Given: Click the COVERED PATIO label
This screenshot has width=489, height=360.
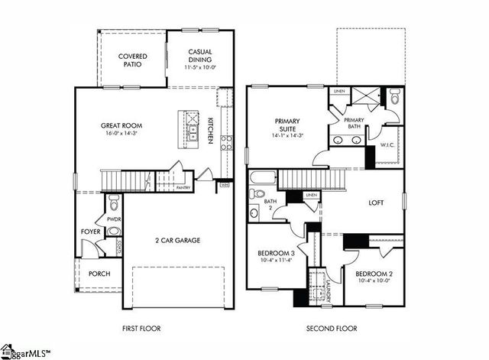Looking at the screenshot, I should [132, 61].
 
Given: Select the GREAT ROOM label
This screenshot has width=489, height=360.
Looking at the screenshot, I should [122, 125].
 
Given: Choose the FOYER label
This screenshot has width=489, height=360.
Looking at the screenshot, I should [91, 231].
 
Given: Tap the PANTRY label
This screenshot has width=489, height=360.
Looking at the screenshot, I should [183, 187].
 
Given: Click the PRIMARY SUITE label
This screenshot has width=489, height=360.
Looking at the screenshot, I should [287, 125].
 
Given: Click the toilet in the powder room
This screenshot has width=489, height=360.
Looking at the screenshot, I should [114, 202].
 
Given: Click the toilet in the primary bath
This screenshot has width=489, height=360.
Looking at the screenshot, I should [393, 98].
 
